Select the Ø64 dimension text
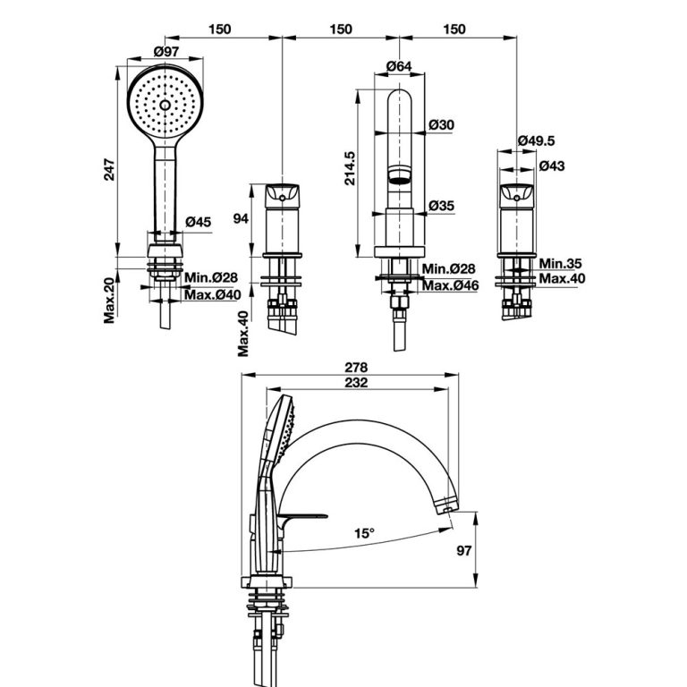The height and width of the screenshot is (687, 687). coord(399,66)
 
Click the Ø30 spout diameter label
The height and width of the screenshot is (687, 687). coord(441,124)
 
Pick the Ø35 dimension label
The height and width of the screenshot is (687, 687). coord(441,206)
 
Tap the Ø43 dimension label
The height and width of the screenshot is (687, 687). coord(551,166)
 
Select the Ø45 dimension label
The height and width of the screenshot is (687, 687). coord(198,222)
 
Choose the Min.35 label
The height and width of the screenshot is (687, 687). coord(562,264)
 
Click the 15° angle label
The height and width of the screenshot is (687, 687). coord(363,532)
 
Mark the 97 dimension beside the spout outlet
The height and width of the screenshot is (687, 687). coord(488,551)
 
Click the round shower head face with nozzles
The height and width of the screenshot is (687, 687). coord(164,104)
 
